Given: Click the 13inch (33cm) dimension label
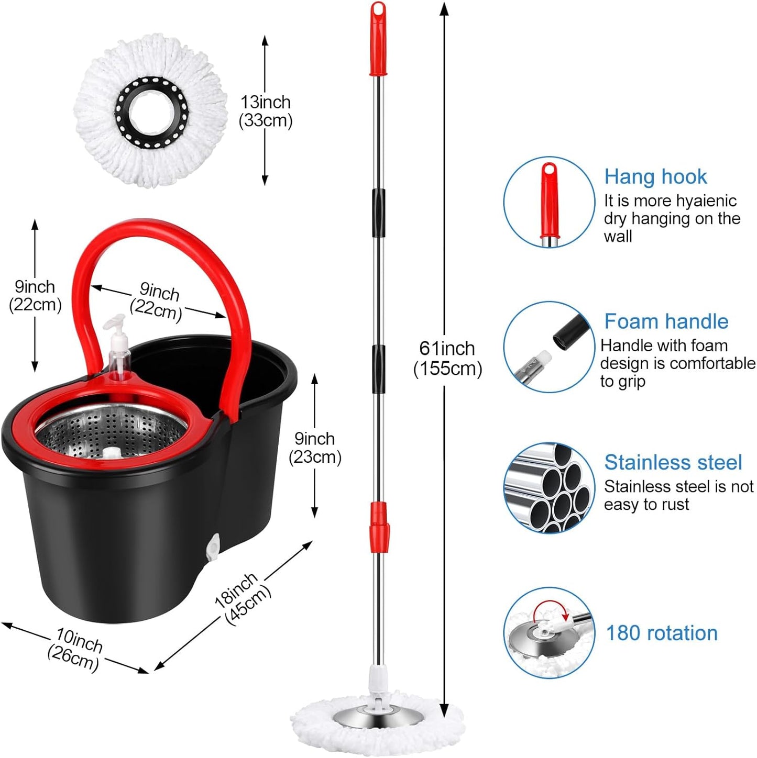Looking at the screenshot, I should coord(266,111).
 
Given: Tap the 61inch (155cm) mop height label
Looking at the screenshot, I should coord(447,359).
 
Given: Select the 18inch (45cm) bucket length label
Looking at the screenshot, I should coord(243,598).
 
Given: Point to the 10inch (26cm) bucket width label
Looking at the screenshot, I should coord(76,649).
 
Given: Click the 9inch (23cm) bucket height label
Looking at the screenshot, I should coord(315,448).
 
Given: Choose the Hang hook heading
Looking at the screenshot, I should coord(655,177).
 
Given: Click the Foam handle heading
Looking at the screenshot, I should coord(666,321).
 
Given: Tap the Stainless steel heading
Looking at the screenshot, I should coord(673,462).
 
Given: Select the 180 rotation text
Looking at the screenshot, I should coord(661,633).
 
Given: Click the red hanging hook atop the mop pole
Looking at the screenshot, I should coord(378,39).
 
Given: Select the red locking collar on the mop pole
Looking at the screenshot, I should coord(378,527).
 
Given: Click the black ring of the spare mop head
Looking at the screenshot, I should coord(151,112).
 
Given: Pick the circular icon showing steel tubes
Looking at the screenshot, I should coord(549,488).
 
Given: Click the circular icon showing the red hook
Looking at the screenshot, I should coord(549,202).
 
